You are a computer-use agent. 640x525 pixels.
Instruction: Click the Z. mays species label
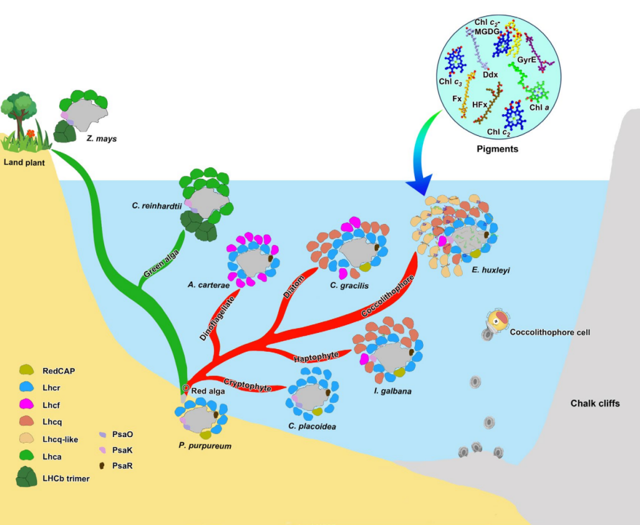102,138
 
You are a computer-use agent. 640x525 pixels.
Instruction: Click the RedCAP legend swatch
27,371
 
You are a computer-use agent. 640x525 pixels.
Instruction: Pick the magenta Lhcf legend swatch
27,405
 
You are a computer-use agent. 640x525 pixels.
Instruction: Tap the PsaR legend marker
104,465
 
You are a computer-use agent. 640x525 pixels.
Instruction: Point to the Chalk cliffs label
595,403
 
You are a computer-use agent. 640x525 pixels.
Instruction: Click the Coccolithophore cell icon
495,322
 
